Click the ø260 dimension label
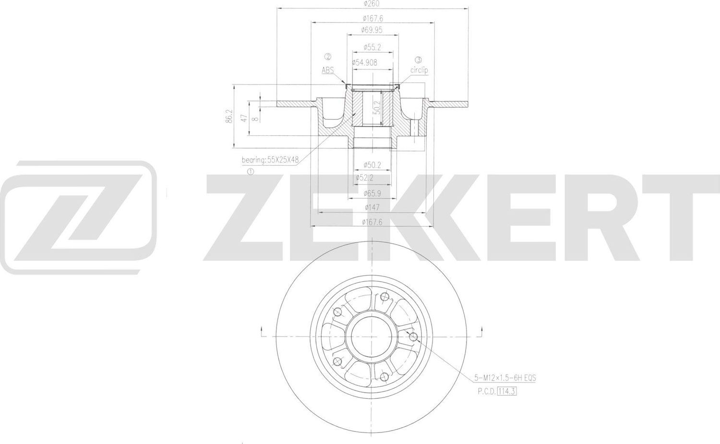point(372,4)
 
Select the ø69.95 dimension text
point(372,30)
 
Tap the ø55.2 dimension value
point(372,47)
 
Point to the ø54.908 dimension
point(365,62)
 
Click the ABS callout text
point(328,70)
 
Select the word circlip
point(419,70)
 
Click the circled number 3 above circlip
point(418,60)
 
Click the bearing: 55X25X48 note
point(270,160)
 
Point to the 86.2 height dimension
point(229,117)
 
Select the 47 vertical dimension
point(244,118)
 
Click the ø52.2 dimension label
point(364,178)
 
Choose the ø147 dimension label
point(372,207)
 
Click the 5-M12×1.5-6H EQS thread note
point(504,378)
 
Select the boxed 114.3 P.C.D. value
point(506,391)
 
